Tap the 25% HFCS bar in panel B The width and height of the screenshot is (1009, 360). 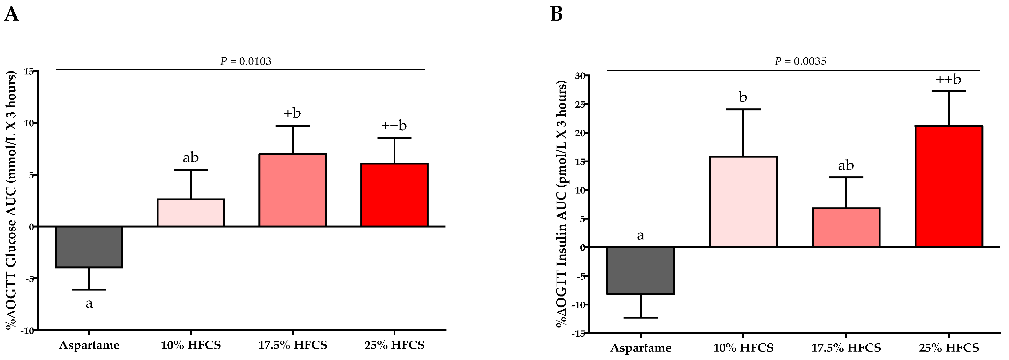949,187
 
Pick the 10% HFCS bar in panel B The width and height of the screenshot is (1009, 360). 743,202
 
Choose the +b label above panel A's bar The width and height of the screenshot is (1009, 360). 292,113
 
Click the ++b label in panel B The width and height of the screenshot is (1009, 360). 948,80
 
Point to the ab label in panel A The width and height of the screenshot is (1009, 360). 191,158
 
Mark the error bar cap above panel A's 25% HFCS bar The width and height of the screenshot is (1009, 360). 394,138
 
